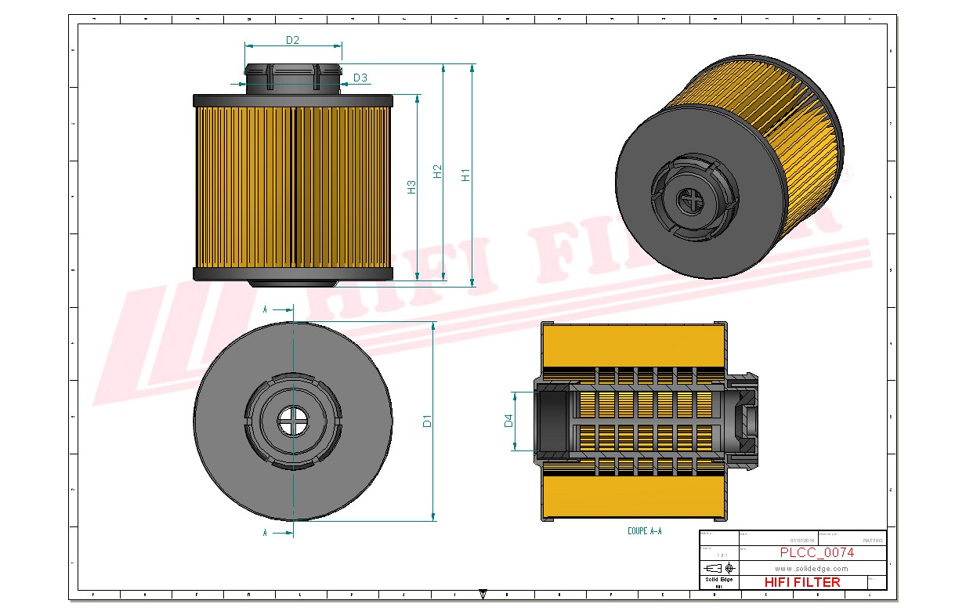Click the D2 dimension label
[x=292, y=40]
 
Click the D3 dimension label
[x=360, y=78]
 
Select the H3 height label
[x=411, y=187]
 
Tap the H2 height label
[x=438, y=172]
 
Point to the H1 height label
[x=466, y=175]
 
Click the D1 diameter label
[x=427, y=421]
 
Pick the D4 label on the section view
[x=508, y=421]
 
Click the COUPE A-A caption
[x=644, y=531]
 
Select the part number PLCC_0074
[x=816, y=552]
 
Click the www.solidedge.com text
[x=812, y=569]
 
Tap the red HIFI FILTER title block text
[x=801, y=582]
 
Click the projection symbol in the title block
[x=718, y=568]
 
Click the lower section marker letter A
[x=266, y=533]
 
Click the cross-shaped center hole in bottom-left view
[x=293, y=421]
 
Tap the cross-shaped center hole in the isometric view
[x=690, y=202]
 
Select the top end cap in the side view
[x=292, y=101]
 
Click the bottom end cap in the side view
[x=292, y=273]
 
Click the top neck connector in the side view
[x=293, y=79]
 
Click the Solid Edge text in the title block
[x=718, y=580]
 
